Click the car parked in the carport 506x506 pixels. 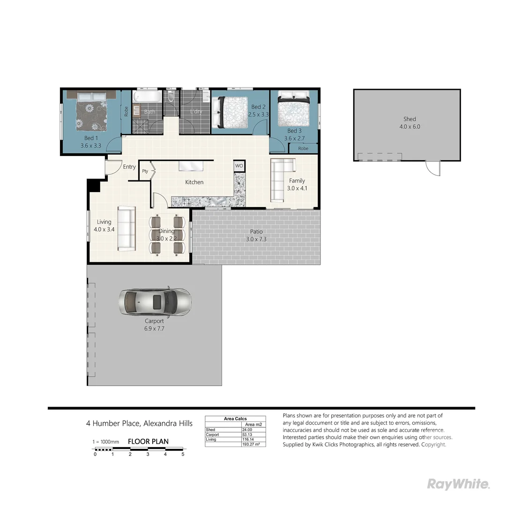coord(155,301)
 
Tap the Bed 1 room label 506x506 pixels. coord(91,142)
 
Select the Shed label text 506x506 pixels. coord(409,119)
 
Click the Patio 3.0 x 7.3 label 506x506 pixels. coord(256,235)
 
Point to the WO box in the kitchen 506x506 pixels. coord(239,166)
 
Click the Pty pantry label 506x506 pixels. coord(145,171)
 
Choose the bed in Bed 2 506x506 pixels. coord(230,112)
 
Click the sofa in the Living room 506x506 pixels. coord(126,228)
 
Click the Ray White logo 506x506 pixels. coord(458,484)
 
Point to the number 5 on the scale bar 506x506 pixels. coord(183,454)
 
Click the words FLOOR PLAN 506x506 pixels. coord(148,441)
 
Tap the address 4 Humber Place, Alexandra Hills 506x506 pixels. coord(139,424)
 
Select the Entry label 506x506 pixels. coord(129,167)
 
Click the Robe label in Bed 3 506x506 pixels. coord(303,149)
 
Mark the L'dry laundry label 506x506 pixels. coord(196,112)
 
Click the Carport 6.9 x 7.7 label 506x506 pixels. coord(154,325)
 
